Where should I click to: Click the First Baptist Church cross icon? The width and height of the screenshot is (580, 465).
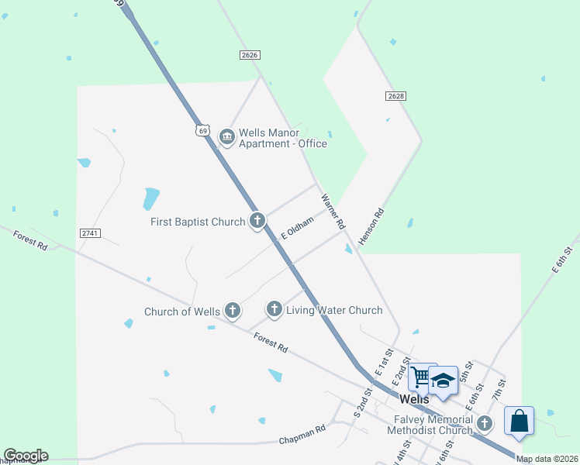tap(257, 222)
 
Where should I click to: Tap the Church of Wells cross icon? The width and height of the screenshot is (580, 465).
tap(232, 312)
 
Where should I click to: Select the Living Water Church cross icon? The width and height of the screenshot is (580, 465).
tap(274, 310)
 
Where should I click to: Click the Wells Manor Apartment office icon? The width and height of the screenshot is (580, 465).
tap(226, 137)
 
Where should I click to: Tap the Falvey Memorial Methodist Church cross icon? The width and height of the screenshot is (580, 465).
tap(485, 423)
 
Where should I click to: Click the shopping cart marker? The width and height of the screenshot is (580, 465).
tap(422, 377)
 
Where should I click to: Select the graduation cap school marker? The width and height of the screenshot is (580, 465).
tap(443, 381)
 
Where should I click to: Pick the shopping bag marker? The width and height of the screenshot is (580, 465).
tap(519, 422)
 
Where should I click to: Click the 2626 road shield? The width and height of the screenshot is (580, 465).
tap(250, 55)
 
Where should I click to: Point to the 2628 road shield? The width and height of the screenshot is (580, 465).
tap(395, 95)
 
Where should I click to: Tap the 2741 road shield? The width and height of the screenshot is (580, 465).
tap(90, 232)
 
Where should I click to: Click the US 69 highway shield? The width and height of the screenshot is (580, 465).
tap(202, 131)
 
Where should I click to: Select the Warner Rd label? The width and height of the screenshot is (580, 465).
tap(333, 212)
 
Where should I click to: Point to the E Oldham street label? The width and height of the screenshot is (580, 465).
tap(297, 228)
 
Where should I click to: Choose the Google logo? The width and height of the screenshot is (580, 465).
tap(26, 456)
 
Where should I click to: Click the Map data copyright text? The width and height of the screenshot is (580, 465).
tap(547, 459)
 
